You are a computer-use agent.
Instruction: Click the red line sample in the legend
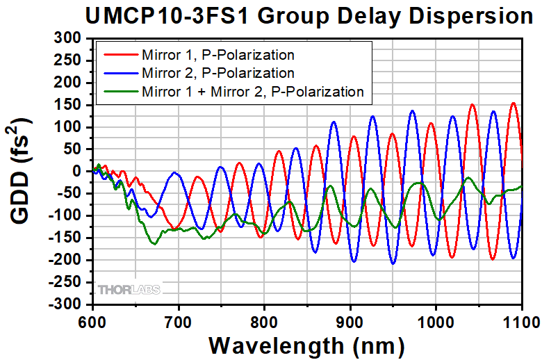point(121,55)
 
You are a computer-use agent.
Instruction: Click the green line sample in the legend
point(121,91)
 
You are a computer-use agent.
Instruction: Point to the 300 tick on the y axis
point(67,38)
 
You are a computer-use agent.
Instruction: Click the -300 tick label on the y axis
point(65,304)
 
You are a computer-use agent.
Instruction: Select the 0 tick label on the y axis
point(76,172)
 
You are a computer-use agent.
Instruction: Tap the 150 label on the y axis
point(67,105)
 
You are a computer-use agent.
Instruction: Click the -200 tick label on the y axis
point(65,260)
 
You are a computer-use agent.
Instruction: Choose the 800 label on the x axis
point(264,322)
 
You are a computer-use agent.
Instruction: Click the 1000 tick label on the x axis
point(436,322)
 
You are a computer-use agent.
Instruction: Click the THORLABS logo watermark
point(129,289)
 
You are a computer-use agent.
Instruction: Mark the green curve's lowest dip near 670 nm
point(154,244)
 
